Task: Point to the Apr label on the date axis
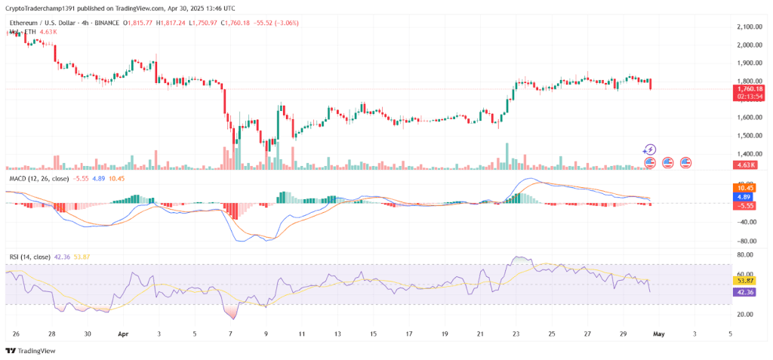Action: [123, 332]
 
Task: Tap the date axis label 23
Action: [516, 332]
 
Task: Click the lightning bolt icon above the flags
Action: [649, 150]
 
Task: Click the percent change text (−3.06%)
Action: [285, 23]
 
